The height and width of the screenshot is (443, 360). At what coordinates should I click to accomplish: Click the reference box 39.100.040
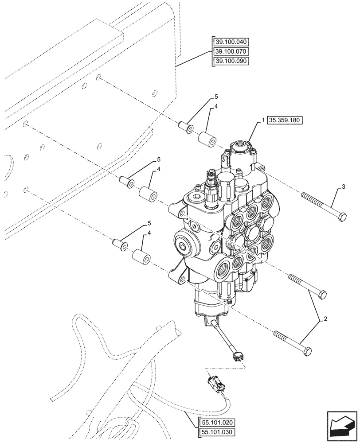231,42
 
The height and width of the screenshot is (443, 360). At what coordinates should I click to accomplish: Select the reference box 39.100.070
231,52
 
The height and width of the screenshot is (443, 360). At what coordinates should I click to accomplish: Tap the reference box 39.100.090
231,62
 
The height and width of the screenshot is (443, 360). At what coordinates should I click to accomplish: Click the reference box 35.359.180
284,121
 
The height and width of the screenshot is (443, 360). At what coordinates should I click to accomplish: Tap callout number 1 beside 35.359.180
263,121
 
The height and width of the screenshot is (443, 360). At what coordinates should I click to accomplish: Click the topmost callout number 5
216,96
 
